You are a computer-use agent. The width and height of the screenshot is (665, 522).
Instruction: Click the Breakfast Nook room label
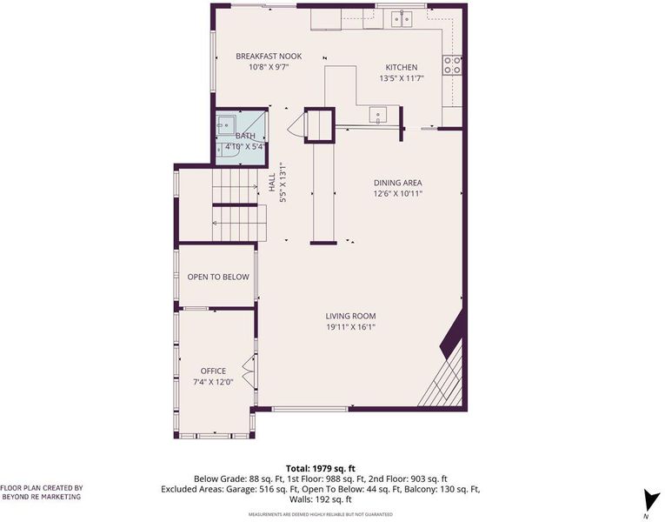pyautogui.click(x=269, y=56)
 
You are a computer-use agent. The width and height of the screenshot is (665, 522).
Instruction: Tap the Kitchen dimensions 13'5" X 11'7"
pyautogui.click(x=402, y=78)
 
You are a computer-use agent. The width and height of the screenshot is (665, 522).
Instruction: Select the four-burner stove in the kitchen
pyautogui.click(x=452, y=65)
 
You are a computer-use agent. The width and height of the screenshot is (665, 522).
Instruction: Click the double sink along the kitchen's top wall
pyautogui.click(x=402, y=18)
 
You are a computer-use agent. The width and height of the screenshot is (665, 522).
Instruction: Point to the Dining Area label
pyautogui.click(x=398, y=183)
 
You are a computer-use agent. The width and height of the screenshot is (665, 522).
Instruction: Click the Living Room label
pyautogui.click(x=350, y=316)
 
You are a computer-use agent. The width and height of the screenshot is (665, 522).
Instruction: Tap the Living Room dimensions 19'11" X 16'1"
pyautogui.click(x=350, y=327)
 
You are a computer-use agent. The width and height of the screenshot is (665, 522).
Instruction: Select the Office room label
pyautogui.click(x=213, y=371)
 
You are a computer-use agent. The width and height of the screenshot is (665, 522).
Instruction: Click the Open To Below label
pyautogui.click(x=218, y=278)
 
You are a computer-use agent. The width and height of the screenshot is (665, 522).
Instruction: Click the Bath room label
pyautogui.click(x=245, y=136)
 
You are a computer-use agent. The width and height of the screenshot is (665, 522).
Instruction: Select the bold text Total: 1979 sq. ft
pyautogui.click(x=321, y=469)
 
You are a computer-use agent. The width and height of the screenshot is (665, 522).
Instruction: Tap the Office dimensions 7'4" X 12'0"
pyautogui.click(x=213, y=382)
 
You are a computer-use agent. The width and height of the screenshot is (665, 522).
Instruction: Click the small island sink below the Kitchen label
pyautogui.click(x=377, y=116)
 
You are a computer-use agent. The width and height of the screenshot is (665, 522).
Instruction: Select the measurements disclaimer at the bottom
pyautogui.click(x=321, y=515)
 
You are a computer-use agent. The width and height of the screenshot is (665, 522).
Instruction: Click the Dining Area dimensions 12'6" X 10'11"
pyautogui.click(x=398, y=194)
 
